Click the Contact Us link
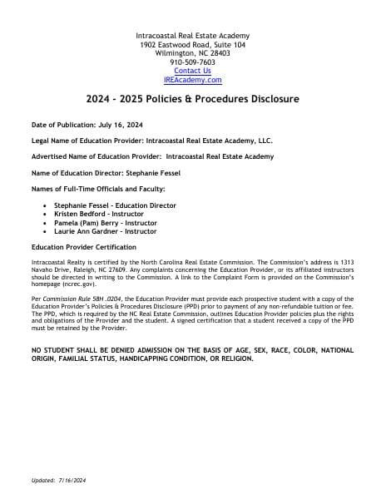(192, 71)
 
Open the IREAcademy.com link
(192, 80)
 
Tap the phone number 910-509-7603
(192, 62)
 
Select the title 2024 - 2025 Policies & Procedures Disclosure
(192, 99)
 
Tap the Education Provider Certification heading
(83, 247)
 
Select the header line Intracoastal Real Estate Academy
(192, 35)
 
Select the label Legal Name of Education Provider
(82, 141)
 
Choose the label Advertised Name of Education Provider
(91, 156)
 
